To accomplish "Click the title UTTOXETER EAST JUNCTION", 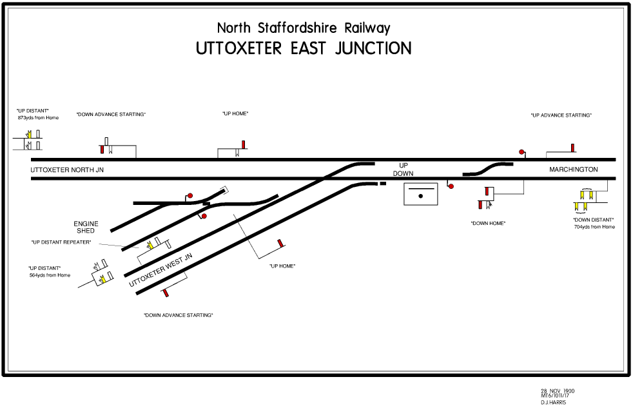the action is point(304,48).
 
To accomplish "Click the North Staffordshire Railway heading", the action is point(304,28).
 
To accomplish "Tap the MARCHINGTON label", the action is point(573,169).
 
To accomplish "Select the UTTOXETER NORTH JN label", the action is point(67,170).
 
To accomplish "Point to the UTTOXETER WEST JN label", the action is point(161,271).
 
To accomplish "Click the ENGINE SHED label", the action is point(86,227).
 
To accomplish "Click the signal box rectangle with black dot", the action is point(421,194).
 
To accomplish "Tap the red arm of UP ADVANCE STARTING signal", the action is point(572,148).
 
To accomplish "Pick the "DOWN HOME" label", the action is point(488,223).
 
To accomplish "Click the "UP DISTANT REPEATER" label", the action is point(61,242).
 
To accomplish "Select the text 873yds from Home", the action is point(38,118).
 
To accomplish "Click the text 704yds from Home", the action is point(594,227).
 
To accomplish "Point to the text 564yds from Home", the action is point(50,275).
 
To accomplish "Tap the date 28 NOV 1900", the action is point(558,391).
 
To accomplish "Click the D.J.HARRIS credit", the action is point(553,402).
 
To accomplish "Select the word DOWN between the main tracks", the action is point(404,173).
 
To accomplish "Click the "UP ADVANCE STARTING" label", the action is point(561,115).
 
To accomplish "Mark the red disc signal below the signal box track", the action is point(451,186).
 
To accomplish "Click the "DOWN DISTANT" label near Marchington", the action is point(594,220).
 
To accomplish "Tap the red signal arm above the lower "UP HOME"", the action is point(280,243).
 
